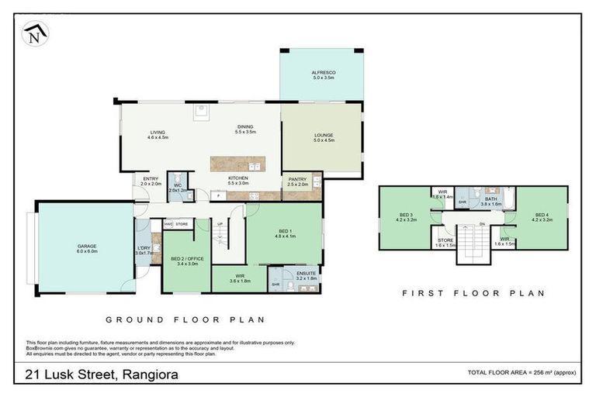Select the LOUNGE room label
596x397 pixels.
point(323,136)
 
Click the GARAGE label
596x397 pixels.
point(86,245)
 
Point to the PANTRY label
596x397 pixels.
point(297,180)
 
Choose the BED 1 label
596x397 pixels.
point(284,232)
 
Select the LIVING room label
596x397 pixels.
point(158,133)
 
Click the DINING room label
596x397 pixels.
point(244,128)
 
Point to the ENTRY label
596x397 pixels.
point(151,180)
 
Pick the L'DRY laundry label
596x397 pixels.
point(144,248)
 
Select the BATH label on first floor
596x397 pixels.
point(490,199)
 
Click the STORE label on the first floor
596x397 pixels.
point(445,240)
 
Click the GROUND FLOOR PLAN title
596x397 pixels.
point(185,319)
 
